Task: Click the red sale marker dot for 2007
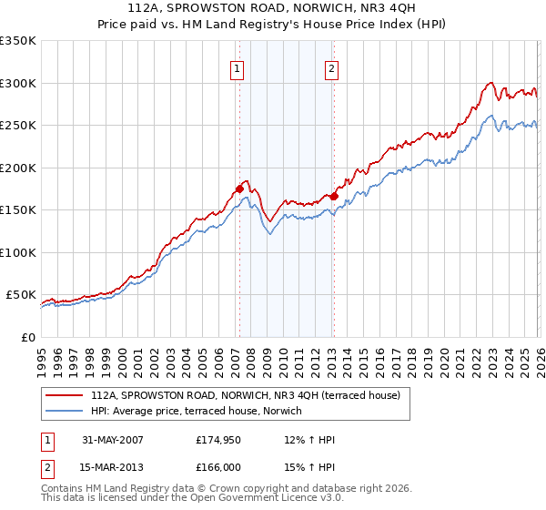click(x=239, y=189)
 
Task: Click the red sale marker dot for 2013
click(x=334, y=196)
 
